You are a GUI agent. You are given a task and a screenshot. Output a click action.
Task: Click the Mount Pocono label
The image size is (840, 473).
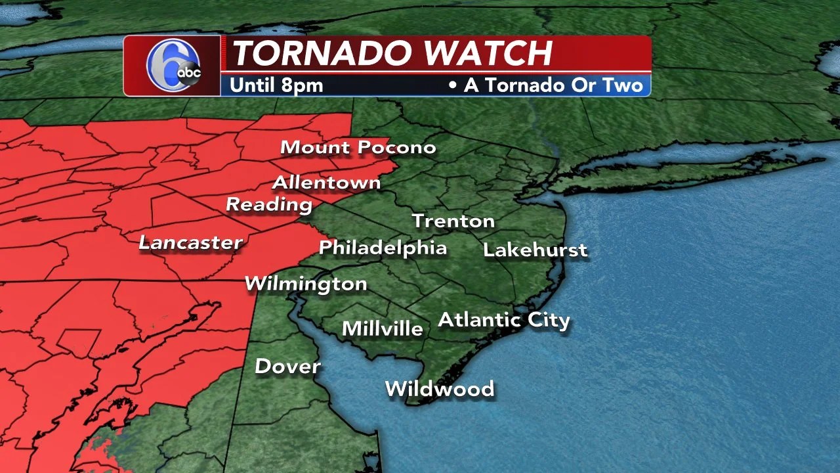coord(358,147)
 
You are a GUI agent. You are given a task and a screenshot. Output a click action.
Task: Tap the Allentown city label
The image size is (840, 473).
coord(326,182)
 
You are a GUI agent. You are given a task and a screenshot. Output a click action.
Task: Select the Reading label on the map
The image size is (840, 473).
coord(269,204)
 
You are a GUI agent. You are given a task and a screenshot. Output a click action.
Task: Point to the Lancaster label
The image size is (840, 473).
coord(191,242)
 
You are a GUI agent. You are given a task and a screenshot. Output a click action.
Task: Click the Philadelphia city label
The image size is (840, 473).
coord(383,248)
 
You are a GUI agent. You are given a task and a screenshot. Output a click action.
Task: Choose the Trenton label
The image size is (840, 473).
coord(453,221)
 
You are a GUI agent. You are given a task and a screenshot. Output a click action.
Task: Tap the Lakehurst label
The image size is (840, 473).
coord(535,250)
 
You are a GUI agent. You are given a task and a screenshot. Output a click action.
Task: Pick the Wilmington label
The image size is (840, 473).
coord(306,284)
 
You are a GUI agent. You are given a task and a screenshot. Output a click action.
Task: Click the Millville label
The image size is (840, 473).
coord(383,328)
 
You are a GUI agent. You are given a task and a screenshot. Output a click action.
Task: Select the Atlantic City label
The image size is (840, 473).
coord(504,320)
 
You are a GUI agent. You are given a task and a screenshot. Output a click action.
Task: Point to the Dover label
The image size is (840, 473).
coord(287,366)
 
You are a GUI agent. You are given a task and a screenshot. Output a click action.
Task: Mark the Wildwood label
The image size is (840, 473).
coord(440,388)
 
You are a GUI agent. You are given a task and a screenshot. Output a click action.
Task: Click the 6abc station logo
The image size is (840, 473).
coord(173,66)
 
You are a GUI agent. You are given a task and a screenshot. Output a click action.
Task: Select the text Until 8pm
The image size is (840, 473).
coord(276,85)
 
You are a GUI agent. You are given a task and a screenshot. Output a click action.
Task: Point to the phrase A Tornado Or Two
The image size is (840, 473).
coord(553,85)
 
